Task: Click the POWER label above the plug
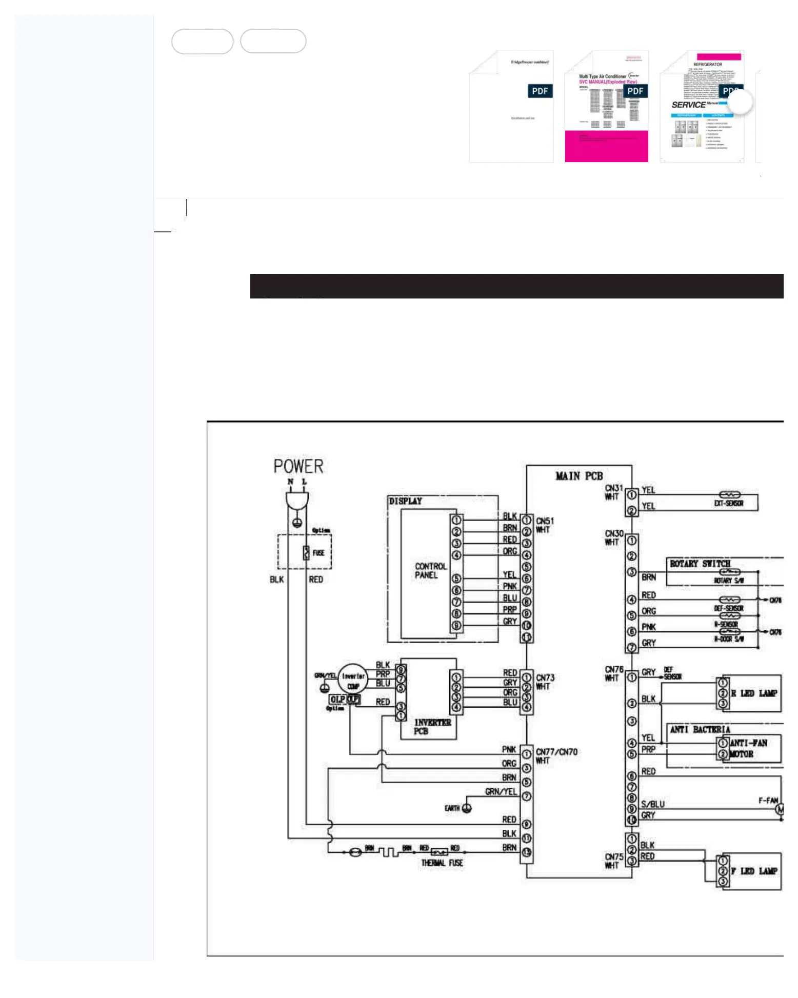[x=298, y=466]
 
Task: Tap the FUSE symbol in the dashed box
[x=306, y=552]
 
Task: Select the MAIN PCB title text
[x=579, y=476]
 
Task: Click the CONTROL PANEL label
[x=430, y=570]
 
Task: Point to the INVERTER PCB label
[x=432, y=726]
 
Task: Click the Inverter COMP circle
[x=353, y=680]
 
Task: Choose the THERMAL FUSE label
[x=442, y=863]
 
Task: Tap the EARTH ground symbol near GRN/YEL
[x=467, y=808]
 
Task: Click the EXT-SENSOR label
[x=728, y=503]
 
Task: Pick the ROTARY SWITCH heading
[x=700, y=564]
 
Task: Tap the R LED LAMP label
[x=754, y=693]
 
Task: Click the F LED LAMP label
[x=754, y=871]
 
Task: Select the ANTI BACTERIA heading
[x=700, y=729]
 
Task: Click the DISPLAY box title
[x=405, y=501]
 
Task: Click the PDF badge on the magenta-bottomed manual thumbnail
[x=635, y=91]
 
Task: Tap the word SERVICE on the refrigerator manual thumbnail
[x=688, y=105]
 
